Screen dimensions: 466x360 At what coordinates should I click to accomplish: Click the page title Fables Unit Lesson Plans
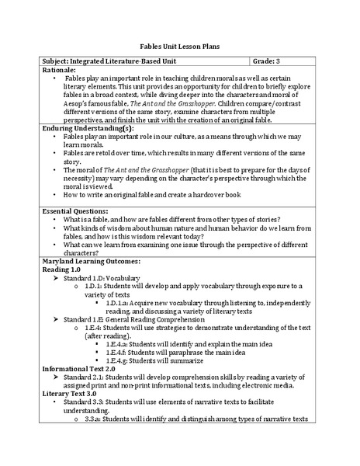(x=179, y=46)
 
